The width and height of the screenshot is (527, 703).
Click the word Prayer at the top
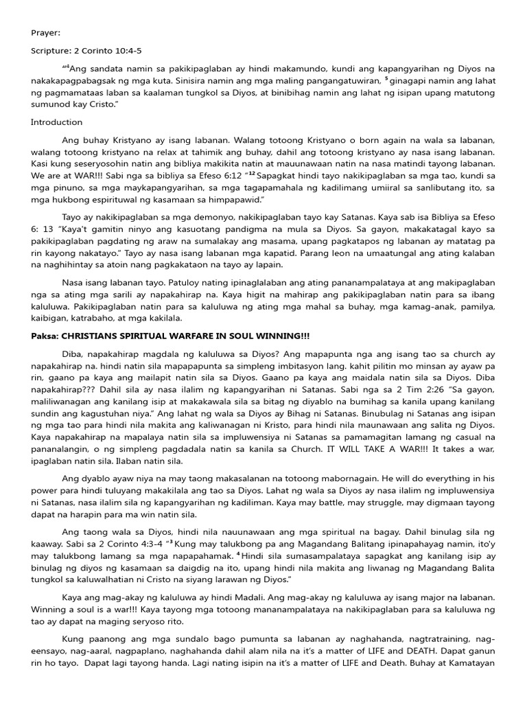click(45, 32)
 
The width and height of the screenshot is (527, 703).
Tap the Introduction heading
click(56, 122)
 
